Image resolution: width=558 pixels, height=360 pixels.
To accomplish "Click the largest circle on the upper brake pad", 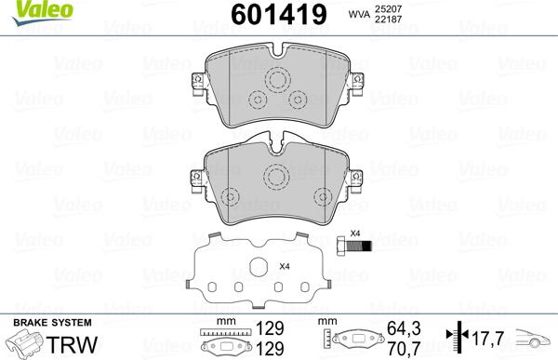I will [x=275, y=82].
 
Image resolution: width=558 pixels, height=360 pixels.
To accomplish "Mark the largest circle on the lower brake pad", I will [x=275, y=176].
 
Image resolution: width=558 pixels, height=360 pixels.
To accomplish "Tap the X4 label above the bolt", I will [x=353, y=233].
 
